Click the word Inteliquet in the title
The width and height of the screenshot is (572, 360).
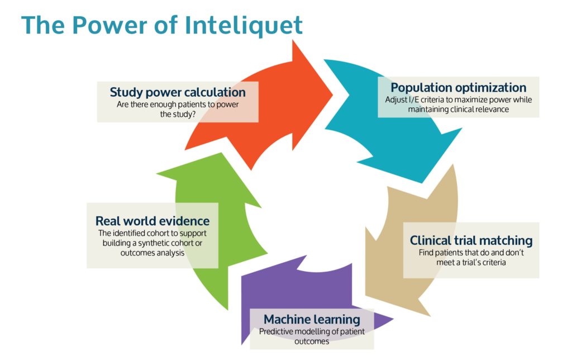pyautogui.click(x=244, y=26)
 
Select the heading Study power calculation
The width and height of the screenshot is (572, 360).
pyautogui.click(x=178, y=92)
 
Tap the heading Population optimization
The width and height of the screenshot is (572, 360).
pyautogui.click(x=459, y=88)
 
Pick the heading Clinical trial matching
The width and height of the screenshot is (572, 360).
pyautogui.click(x=471, y=240)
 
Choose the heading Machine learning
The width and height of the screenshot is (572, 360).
pyautogui.click(x=312, y=320)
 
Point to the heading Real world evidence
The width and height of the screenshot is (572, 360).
pyautogui.click(x=152, y=221)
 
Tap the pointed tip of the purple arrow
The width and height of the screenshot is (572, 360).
pyautogui.click(x=393, y=319)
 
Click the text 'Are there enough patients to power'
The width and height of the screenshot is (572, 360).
pyautogui.click(x=178, y=105)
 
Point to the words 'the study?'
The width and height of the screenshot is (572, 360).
pyautogui.click(x=178, y=114)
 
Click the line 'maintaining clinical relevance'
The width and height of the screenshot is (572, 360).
pyautogui.click(x=459, y=109)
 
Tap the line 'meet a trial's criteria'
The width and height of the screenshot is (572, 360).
pyautogui.click(x=471, y=262)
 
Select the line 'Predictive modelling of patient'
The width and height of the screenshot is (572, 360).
pyautogui.click(x=312, y=331)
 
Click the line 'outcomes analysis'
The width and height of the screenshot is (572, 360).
pyautogui.click(x=152, y=253)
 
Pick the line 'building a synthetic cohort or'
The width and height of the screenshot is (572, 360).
pyautogui.click(x=152, y=243)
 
